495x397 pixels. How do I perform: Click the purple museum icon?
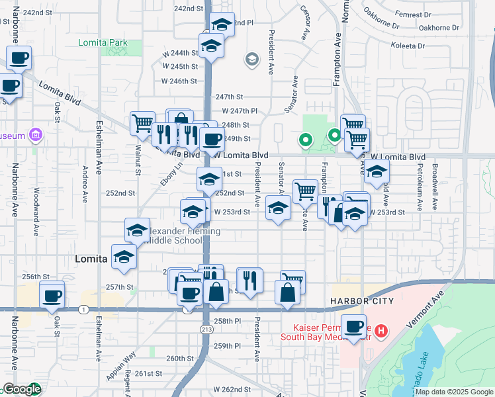pyautogui.click(x=36, y=136)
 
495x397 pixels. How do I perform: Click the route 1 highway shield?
pyautogui.click(x=83, y=309)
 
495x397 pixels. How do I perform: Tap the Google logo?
pyautogui.click(x=21, y=390)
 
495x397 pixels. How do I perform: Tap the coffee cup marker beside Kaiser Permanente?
pyautogui.click(x=353, y=326)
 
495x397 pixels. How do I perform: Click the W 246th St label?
pyautogui.click(x=180, y=81)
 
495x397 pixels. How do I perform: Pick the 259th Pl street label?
pyautogui.click(x=227, y=345)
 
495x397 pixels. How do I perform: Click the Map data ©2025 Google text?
pyautogui.click(x=453, y=392)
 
